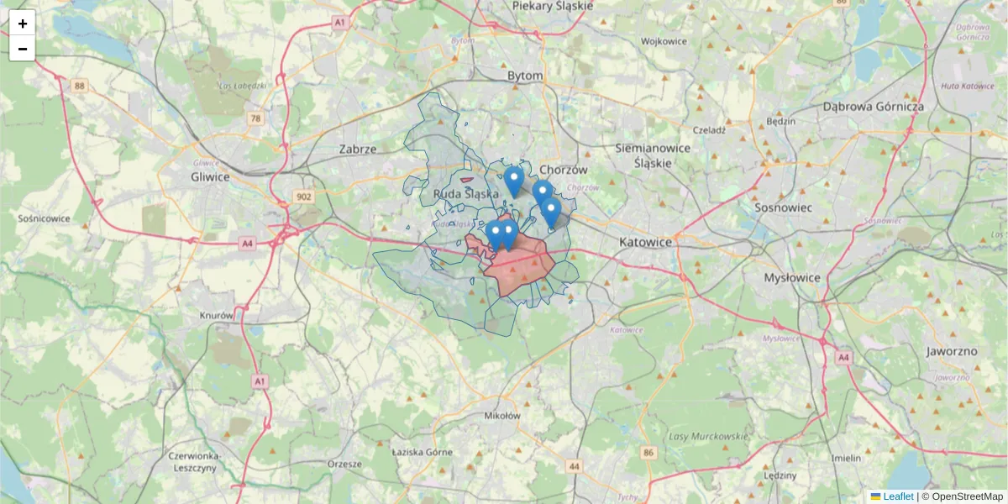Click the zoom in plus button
(23, 24)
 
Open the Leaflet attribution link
(898, 496)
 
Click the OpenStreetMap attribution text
(967, 496)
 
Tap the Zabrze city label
(358, 149)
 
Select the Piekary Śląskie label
(553, 6)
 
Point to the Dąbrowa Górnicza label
(874, 107)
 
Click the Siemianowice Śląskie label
(653, 155)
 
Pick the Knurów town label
(216, 316)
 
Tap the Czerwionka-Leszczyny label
(193, 461)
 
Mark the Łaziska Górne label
(423, 452)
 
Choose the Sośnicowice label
(44, 218)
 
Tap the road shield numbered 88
(79, 86)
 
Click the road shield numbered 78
(255, 119)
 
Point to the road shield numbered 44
(575, 465)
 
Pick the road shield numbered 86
(648, 454)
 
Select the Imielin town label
(846, 458)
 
